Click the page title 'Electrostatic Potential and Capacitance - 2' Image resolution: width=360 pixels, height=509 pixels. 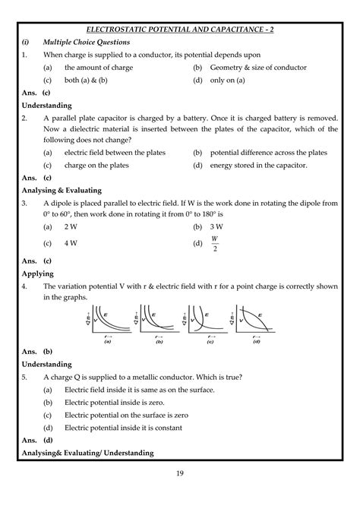[x=180, y=28]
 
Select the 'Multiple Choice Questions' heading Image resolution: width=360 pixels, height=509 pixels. [x=90, y=42]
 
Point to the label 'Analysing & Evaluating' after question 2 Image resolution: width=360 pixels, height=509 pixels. [x=61, y=190]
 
